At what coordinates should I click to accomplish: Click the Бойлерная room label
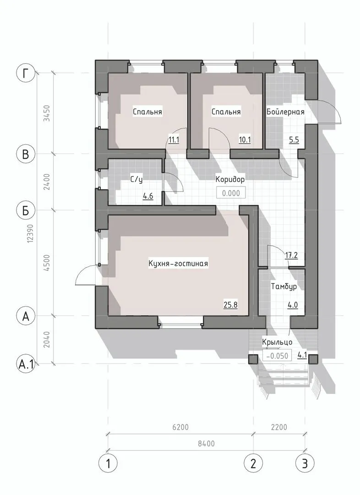coord(285,112)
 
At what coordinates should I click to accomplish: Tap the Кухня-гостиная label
coord(178,263)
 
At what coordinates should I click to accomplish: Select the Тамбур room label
coord(284,286)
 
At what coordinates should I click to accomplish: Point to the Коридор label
coord(230,180)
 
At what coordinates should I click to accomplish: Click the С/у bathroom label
coord(136,180)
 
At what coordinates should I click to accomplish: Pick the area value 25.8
coord(230,305)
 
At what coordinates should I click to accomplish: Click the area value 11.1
coord(174,140)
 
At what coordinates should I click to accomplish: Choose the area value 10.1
coord(245,140)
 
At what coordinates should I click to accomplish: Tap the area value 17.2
coord(291,255)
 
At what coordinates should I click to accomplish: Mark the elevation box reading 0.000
coord(231,193)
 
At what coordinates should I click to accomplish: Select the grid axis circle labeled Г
coord(26,73)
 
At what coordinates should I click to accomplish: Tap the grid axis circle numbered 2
coord(253,463)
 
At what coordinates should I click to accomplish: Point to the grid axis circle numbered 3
coord(305,463)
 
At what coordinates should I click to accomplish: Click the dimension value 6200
coord(180,428)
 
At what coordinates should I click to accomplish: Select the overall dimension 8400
coord(207,444)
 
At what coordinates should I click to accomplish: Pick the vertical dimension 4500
coord(47,263)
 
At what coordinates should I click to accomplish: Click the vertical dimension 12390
coord(30,234)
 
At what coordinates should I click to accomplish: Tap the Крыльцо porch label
coord(277,342)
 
